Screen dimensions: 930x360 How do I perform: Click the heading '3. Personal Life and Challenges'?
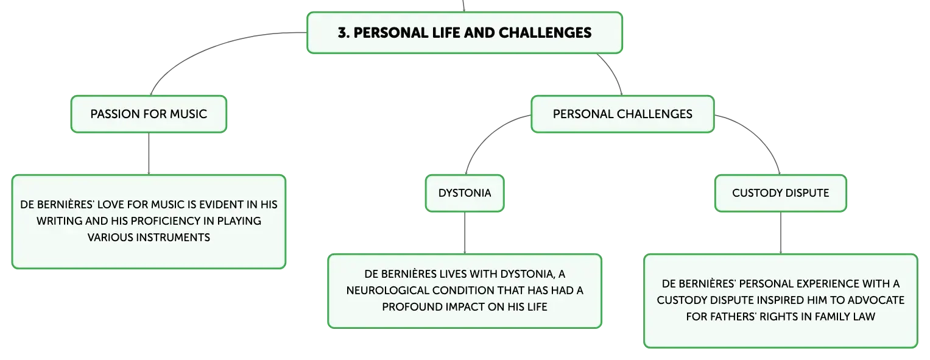[465, 33]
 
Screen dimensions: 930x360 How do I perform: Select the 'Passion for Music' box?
[149, 114]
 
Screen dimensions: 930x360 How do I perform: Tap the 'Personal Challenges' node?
[622, 114]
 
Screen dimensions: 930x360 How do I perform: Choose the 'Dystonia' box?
[465, 193]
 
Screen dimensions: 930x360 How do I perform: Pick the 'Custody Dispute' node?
[781, 193]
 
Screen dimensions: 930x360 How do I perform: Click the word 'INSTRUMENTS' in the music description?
[173, 238]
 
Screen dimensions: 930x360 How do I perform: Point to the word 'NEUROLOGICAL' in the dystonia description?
[378, 290]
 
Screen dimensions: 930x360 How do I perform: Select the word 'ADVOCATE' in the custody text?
[878, 300]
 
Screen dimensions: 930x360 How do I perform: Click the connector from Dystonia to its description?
[465, 233]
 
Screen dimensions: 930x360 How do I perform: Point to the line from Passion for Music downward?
[149, 154]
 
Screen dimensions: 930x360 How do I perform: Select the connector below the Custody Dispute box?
[781, 233]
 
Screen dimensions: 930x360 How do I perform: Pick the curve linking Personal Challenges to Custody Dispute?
[760, 133]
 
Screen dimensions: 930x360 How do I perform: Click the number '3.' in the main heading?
[343, 33]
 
